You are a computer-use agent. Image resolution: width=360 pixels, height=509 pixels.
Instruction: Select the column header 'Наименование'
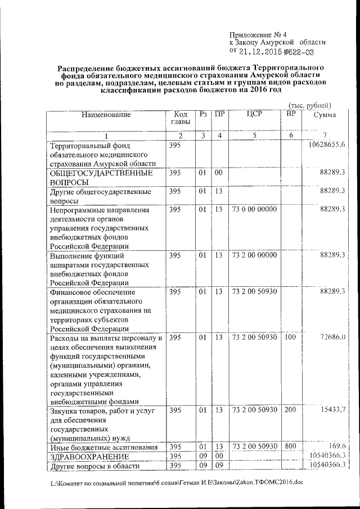tap(106, 115)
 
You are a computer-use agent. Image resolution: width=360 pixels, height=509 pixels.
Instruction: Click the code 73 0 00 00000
tap(254, 210)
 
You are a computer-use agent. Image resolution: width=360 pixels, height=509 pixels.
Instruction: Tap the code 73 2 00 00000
tap(254, 255)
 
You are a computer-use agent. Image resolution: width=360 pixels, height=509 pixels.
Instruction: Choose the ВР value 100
tap(290, 337)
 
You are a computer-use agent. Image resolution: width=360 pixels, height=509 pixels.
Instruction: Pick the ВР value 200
tap(290, 410)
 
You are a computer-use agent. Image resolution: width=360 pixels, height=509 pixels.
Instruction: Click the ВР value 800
tap(290, 446)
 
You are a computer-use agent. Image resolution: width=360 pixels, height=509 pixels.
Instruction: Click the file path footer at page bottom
tap(175, 483)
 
